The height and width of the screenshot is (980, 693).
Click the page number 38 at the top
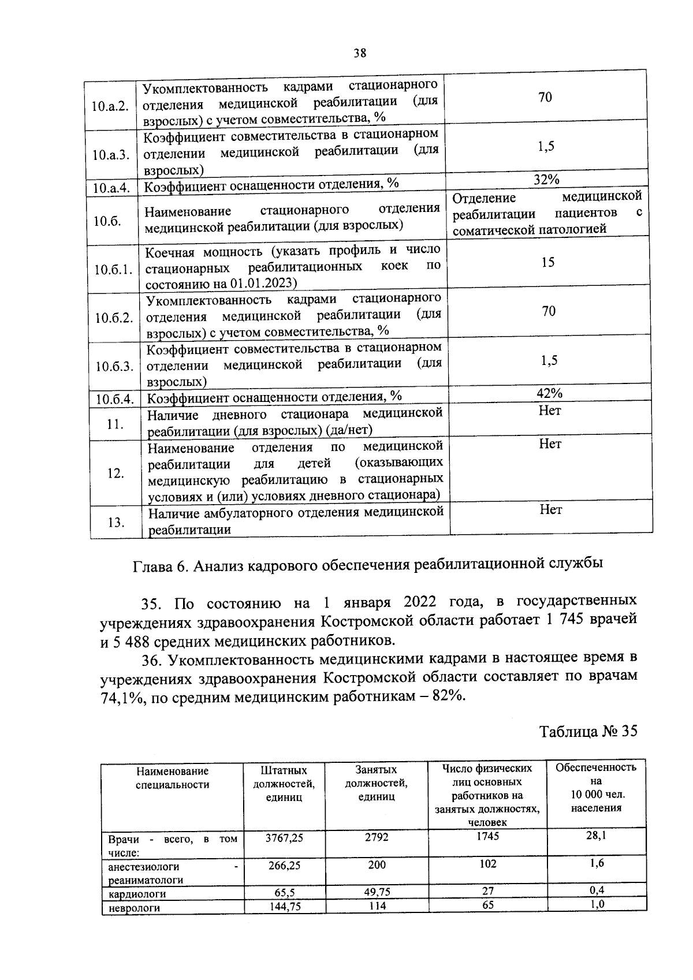coord(360,53)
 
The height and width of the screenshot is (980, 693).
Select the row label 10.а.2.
coord(110,107)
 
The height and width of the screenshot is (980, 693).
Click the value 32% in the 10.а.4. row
coord(546,180)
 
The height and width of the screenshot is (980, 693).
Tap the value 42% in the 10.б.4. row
coord(549,393)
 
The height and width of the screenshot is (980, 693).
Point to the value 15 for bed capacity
coord(548,263)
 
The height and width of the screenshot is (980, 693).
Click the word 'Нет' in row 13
coord(551,509)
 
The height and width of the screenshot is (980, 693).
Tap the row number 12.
coord(115,474)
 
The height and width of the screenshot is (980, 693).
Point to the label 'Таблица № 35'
coord(588,731)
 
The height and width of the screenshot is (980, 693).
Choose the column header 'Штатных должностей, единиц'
coord(284,784)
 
